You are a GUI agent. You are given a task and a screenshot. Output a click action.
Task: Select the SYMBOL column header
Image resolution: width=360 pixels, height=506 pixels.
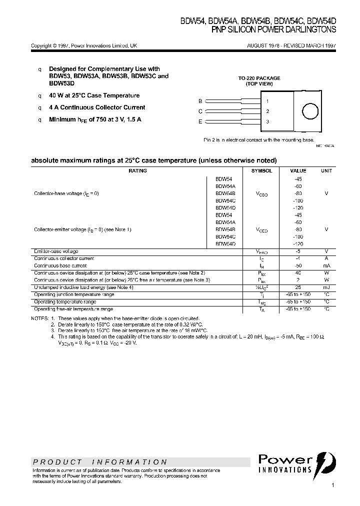coord(261,171)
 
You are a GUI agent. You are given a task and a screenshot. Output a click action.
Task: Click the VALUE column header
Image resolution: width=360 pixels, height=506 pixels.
coord(298,171)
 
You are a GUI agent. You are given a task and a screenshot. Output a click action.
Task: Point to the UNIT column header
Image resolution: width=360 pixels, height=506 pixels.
coord(326,171)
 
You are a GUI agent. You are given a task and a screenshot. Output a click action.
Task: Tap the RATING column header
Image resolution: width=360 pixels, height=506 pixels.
coord(137,171)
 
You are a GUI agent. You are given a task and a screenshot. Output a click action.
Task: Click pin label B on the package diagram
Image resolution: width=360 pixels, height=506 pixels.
coord(200,101)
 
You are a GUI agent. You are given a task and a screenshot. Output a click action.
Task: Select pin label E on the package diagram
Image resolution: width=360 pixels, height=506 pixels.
coord(200,121)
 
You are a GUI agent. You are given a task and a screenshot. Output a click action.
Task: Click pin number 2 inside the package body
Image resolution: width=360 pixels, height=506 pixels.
coord(268,111)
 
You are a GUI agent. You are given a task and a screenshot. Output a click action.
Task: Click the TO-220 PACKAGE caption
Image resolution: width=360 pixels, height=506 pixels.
coord(259,78)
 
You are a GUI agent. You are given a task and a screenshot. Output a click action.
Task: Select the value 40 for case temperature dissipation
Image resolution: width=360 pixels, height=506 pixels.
coord(298,273)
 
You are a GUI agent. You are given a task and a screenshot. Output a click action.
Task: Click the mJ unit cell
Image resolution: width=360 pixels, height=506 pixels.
coord(326,287)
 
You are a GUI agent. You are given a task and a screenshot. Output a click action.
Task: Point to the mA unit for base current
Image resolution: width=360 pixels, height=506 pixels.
coord(326,266)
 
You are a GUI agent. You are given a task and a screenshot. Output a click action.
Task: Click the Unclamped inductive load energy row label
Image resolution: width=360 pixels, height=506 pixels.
coord(83,287)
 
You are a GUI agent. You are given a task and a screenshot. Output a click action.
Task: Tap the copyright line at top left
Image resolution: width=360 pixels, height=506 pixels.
coord(84,45)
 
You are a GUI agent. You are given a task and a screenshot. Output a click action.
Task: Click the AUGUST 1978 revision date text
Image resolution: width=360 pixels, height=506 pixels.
coord(291,45)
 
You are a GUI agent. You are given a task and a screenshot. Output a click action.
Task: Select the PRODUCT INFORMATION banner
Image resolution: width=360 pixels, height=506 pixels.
coord(100,462)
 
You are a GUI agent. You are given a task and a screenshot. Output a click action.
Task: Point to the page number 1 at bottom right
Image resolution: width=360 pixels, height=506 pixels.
coord(332,485)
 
